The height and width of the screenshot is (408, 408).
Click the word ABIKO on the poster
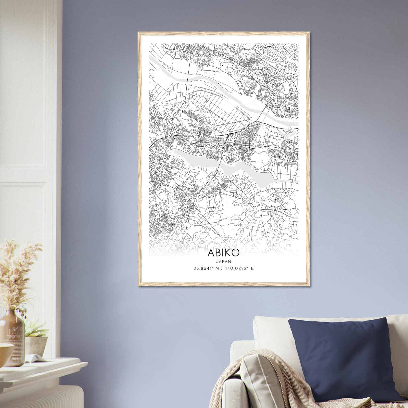click(224, 252)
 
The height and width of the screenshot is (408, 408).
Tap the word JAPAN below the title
click(224, 261)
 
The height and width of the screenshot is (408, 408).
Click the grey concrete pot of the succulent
click(37, 344)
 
